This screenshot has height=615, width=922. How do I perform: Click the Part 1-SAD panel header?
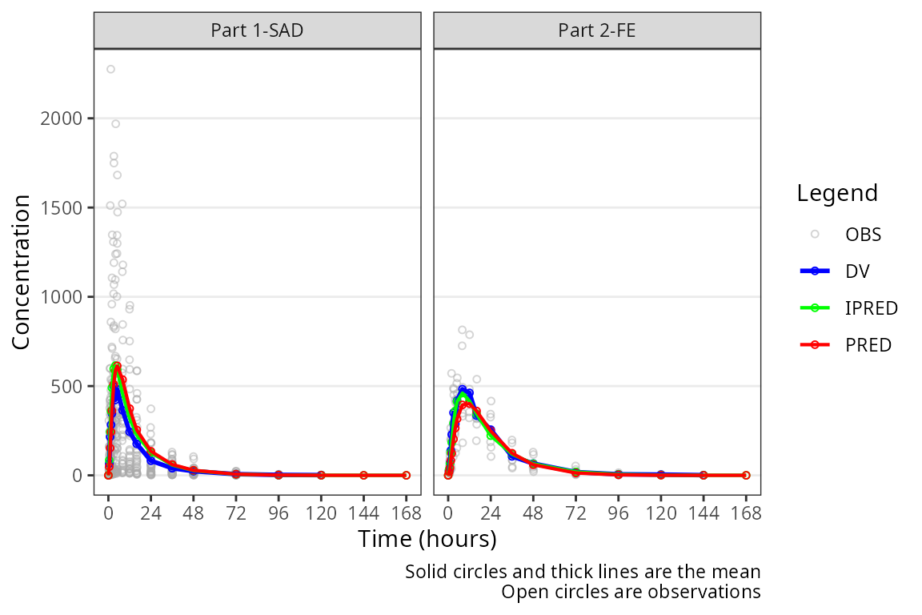pos(257,30)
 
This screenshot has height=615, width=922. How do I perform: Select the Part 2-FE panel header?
pos(596,30)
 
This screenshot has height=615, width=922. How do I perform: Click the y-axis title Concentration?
pos(22,271)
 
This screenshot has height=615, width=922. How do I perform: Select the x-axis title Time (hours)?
pos(427,539)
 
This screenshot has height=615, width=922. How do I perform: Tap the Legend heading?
pos(837,193)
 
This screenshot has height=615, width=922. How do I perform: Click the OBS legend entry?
pos(863,235)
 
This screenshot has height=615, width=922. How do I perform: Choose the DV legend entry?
pos(857,271)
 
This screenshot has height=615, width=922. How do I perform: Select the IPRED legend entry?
pos(871,308)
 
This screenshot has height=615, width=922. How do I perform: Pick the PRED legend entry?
pos(868,345)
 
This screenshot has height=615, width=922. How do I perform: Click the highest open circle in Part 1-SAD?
pos(110,69)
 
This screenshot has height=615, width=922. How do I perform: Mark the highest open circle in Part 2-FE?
pos(463,330)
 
